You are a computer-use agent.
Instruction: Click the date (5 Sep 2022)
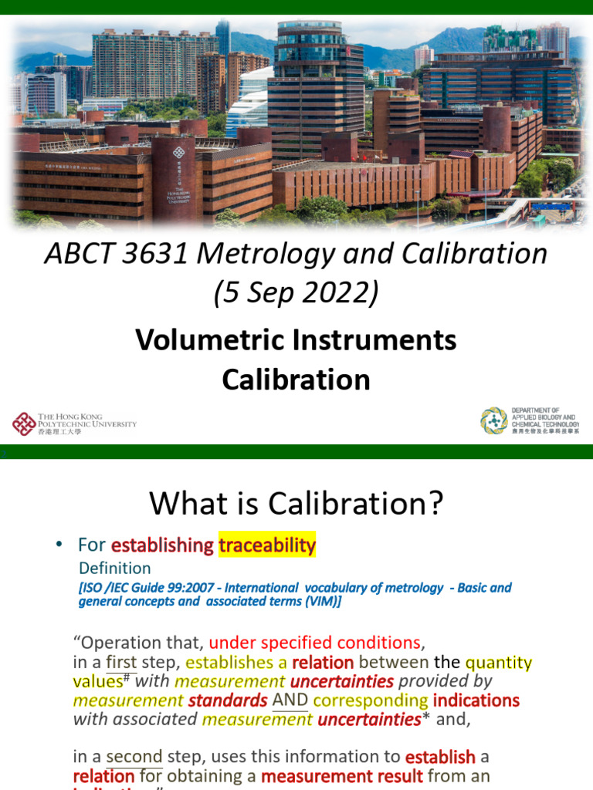pos(296,293)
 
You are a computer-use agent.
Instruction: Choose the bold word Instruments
pos(371,339)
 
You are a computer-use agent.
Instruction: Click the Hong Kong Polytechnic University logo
pos(74,424)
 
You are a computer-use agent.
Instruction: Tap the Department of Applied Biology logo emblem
pos(494,421)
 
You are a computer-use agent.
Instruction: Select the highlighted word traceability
pos(267,545)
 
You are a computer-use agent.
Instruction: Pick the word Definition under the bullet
pos(115,569)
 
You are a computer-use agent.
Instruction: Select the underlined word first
pos(121,662)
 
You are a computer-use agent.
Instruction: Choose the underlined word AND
pos(290,701)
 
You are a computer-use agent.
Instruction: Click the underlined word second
pos(134,756)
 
